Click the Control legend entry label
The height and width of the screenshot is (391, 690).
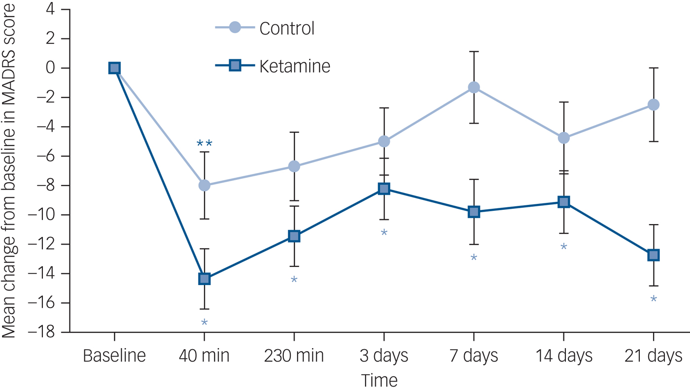[x=287, y=28]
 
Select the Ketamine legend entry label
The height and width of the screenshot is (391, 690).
[x=295, y=66]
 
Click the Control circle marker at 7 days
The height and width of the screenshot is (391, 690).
[x=474, y=87]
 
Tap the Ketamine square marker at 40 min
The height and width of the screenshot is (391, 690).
[x=204, y=279]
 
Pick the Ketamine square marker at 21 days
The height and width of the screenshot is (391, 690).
[x=654, y=255]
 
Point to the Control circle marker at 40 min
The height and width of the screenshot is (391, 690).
[x=204, y=185]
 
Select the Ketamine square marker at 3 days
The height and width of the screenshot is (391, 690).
[x=384, y=189]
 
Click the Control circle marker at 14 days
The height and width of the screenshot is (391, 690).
[x=564, y=138]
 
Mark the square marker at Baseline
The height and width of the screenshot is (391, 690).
[x=114, y=68]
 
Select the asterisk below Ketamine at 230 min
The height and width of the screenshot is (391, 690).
[x=294, y=280]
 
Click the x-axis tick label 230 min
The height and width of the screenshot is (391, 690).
[x=294, y=356]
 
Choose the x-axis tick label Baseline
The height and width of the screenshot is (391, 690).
[x=114, y=356]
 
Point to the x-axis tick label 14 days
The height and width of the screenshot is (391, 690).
[x=564, y=356]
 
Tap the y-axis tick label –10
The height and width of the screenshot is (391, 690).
[x=42, y=215]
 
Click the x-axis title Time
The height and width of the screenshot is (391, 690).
[x=379, y=381]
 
